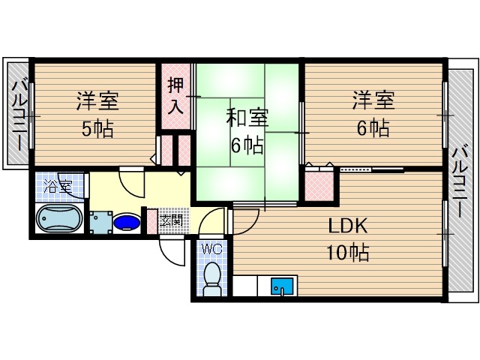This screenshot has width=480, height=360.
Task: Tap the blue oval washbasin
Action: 126,223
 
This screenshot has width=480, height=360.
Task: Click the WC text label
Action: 211,247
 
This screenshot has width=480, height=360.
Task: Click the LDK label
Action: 346,226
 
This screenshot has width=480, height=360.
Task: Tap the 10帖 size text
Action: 347,253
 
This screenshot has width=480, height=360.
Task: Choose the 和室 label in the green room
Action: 247,118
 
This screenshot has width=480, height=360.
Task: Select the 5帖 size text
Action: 97,129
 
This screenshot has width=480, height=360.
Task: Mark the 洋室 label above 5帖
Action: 97,100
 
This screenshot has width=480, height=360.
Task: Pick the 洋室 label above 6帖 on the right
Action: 373,100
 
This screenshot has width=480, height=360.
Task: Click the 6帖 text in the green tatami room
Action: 247,145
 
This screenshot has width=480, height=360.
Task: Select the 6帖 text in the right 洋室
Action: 373,128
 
